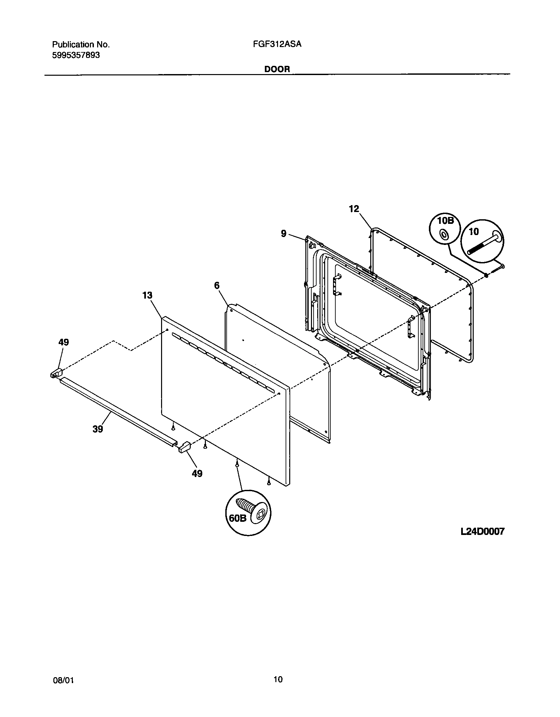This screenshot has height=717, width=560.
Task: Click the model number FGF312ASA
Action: [x=277, y=44]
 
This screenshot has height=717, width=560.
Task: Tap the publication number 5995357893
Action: [x=76, y=55]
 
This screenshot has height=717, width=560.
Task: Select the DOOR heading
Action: [x=277, y=69]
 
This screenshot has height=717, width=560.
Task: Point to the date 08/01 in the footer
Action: [x=63, y=679]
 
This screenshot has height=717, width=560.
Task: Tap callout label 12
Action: [x=354, y=209]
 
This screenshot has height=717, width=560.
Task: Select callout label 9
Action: [x=284, y=234]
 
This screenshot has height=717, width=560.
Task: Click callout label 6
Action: [x=217, y=286]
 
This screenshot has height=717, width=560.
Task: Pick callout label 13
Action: [x=147, y=295]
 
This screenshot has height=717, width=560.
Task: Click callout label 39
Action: [x=98, y=429]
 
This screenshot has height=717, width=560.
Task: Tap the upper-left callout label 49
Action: [x=64, y=342]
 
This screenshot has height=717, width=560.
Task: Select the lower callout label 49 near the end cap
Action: [x=197, y=473]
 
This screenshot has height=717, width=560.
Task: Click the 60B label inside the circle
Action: [x=238, y=518]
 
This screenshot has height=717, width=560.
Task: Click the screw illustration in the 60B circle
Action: [x=252, y=511]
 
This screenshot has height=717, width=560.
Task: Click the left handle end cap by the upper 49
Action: [x=56, y=373]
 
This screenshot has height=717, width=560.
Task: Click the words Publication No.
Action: [x=81, y=44]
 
